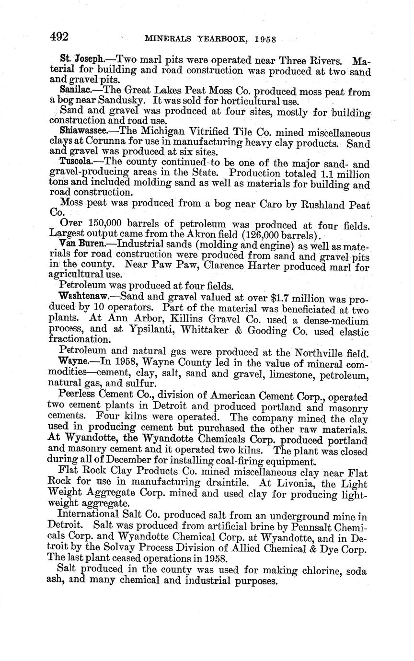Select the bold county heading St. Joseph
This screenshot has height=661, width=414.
click(x=77, y=60)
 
